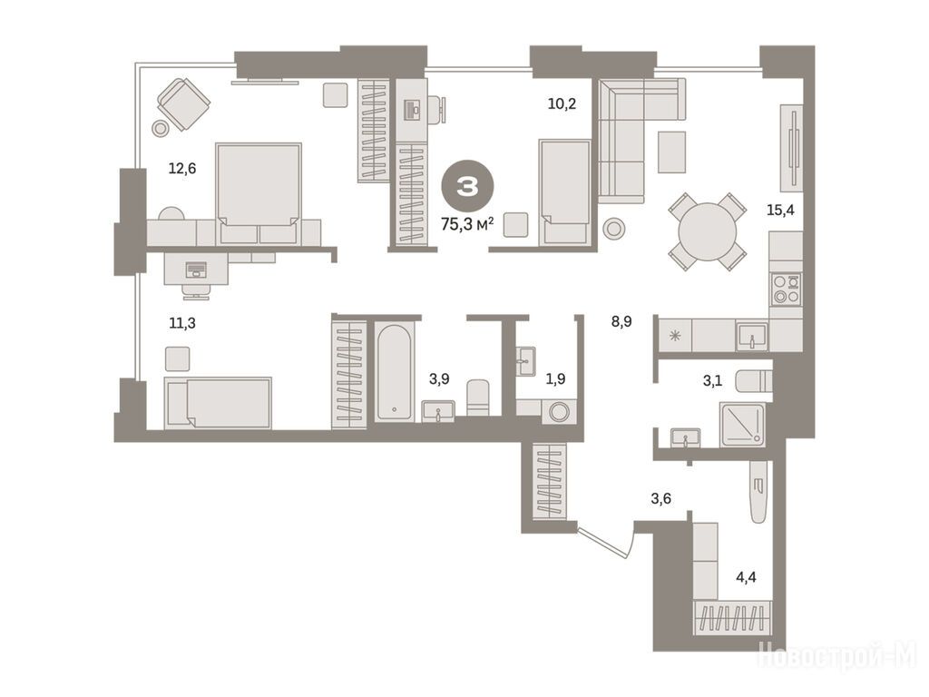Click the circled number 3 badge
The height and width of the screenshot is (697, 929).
coord(467,187)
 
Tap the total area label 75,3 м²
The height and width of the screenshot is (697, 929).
coord(467,224)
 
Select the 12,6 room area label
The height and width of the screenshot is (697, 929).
coord(181,169)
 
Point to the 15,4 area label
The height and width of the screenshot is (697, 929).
coord(780,210)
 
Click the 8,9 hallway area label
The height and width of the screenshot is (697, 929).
coord(621,322)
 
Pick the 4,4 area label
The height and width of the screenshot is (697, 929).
coord(746,576)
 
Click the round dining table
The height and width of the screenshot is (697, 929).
coord(708,231)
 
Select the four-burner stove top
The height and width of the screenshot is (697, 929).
coord(787,290)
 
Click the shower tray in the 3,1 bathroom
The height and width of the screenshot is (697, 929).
coord(742,425)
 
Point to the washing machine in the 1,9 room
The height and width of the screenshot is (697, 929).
coord(559,411)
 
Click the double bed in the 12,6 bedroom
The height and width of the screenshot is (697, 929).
coord(259,193)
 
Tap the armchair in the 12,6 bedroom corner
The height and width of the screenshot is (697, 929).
coord(183,103)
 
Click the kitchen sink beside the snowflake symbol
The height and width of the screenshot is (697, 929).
coord(752,336)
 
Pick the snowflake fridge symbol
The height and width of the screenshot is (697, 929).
coord(675,336)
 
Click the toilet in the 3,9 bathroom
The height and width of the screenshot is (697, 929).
coord(478,398)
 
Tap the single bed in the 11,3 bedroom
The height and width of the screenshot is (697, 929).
coord(218,402)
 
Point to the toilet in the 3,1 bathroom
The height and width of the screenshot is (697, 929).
coord(754,381)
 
